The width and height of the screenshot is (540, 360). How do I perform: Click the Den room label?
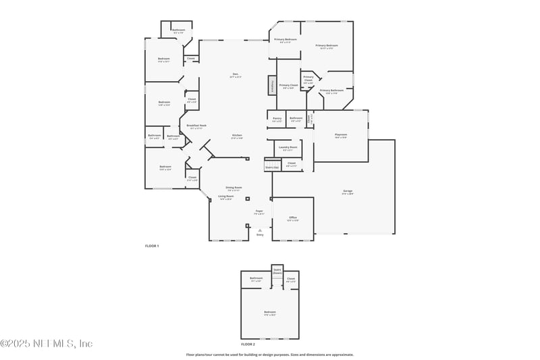point(236,74)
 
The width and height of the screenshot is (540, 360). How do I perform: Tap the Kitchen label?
point(238,135)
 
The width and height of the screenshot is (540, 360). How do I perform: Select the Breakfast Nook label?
point(196,126)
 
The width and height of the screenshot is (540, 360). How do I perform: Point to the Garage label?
point(347,191)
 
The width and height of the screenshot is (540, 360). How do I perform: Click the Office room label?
point(293,217)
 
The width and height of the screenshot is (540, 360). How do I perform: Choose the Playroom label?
point(340,134)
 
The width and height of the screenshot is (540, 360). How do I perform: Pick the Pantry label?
point(277,118)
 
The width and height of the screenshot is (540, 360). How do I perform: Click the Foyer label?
point(259,211)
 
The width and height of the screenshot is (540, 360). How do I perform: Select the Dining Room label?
point(234,188)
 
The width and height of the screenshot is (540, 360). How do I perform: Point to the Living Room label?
point(225,197)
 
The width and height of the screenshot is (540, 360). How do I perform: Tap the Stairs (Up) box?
point(272,167)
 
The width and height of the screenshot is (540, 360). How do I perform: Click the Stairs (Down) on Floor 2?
point(277,271)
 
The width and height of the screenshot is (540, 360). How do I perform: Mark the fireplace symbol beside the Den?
point(271,86)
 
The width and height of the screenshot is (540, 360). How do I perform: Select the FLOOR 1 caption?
point(152,246)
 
